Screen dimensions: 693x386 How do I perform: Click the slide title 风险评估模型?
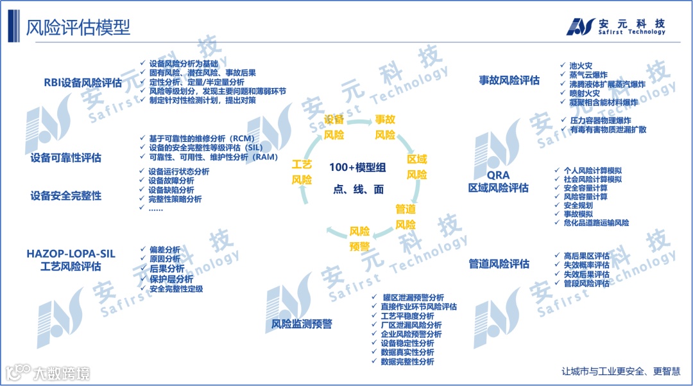pos(78,27)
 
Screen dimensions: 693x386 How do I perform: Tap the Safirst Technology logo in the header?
pos(615,26)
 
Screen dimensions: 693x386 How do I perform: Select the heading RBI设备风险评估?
pos(83,83)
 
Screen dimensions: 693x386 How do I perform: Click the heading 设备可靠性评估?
pos(66,158)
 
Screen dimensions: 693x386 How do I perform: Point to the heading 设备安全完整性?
pos(66,196)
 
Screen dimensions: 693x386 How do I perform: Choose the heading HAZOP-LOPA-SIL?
pos(71,254)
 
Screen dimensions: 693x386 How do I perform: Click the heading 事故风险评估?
pos(509,80)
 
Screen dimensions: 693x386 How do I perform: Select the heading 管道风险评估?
pos(499,263)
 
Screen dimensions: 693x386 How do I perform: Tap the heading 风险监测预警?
pos(302,324)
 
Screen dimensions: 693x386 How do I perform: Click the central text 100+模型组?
pos(357,168)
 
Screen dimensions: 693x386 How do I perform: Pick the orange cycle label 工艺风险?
pos(302,172)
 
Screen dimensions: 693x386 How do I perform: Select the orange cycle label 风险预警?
pos(359,238)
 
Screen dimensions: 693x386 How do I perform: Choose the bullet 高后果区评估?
pos(586,256)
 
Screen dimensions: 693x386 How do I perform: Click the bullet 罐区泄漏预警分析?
pos(413,298)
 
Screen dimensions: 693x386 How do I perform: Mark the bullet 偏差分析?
pos(165,250)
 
